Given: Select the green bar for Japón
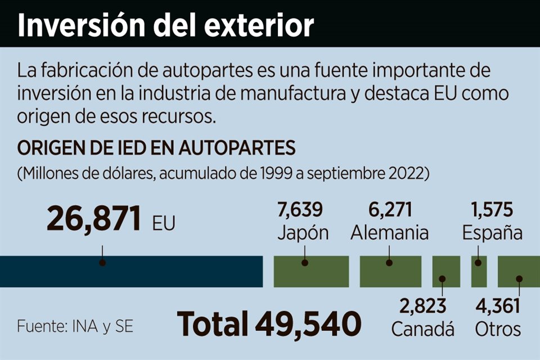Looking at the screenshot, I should pyautogui.click(x=311, y=272).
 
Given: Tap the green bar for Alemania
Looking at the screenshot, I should pyautogui.click(x=390, y=272).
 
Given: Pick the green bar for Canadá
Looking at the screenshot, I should pyautogui.click(x=446, y=272).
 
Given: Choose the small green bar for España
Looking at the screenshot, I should pyautogui.click(x=479, y=272).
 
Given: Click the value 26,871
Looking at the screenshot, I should pyautogui.click(x=93, y=219).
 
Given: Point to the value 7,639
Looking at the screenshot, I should pyautogui.click(x=300, y=210).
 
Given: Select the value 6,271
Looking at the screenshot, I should pyautogui.click(x=390, y=210).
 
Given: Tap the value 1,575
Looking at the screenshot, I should pyautogui.click(x=492, y=210).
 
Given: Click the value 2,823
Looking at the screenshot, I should pyautogui.click(x=422, y=307).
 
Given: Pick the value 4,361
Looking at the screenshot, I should pyautogui.click(x=497, y=307).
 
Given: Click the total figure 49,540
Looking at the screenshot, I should pyautogui.click(x=309, y=323).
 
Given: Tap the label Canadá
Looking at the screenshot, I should pyautogui.click(x=422, y=329).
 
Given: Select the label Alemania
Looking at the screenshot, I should pyautogui.click(x=390, y=232).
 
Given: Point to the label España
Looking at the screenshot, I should pyautogui.click(x=493, y=232).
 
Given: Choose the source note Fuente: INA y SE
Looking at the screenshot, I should pyautogui.click(x=75, y=326).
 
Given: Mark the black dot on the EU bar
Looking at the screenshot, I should pyautogui.click(x=102, y=262).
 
